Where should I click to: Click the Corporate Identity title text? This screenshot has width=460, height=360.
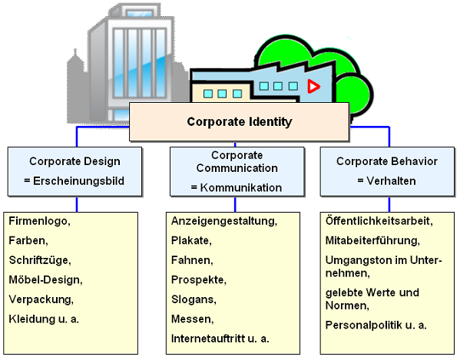pos(240,121)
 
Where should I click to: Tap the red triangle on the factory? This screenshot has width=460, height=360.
pos(313,86)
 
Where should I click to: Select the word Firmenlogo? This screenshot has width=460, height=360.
pos(38,221)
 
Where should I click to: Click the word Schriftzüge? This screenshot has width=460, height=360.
pos(38,260)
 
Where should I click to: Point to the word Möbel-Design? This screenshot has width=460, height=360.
pos(45,279)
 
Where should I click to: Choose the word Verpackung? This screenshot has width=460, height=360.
pos(40,299)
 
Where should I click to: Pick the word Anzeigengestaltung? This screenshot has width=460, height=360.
pos(223,221)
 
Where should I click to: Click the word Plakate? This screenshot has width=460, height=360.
pos(190,241)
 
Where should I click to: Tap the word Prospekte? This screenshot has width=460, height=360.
pos(197,280)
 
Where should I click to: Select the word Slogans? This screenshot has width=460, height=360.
pos(193,299)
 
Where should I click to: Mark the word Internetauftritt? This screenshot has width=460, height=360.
pos(208,339)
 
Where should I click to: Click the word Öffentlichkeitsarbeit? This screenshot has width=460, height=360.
pos(378,221)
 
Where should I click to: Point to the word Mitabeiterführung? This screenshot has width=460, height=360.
pos(372,241)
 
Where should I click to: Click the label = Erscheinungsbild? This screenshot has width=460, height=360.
pos(74,181)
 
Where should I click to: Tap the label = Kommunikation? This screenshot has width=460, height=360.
pos(237,187)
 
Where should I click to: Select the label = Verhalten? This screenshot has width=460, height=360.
pos(386,181)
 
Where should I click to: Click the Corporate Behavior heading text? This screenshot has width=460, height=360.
pos(386,161)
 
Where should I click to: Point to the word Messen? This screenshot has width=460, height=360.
pos(191,319)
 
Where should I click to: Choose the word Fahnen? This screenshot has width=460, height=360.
pos(191,260)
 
